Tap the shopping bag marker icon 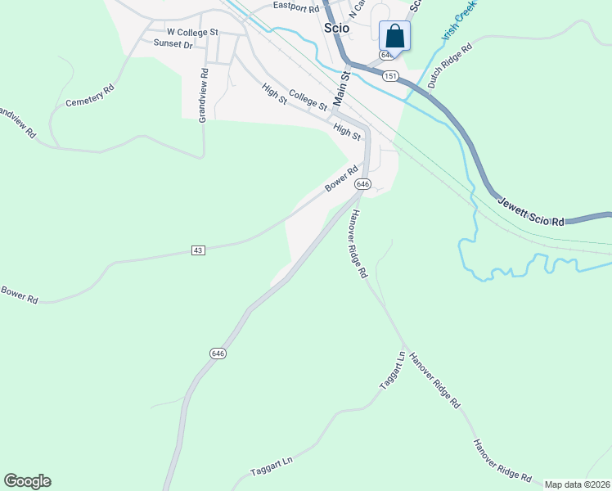[x=394, y=37]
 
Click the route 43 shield [x=197, y=250]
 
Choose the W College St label [x=193, y=32]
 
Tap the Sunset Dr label [x=173, y=45]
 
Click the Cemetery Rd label [x=89, y=97]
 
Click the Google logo [x=27, y=481]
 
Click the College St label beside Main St [x=308, y=101]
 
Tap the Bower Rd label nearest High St [x=342, y=179]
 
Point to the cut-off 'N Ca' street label [x=356, y=10]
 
